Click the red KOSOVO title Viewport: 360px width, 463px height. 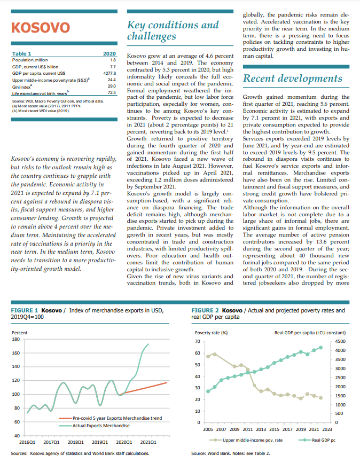pos(41,27)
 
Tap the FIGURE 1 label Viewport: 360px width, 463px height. pos(25,310)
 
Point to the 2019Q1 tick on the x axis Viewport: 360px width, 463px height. pos(100,443)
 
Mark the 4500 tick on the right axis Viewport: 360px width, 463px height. pos(340,341)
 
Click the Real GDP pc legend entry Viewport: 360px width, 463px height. pos(317,441)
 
